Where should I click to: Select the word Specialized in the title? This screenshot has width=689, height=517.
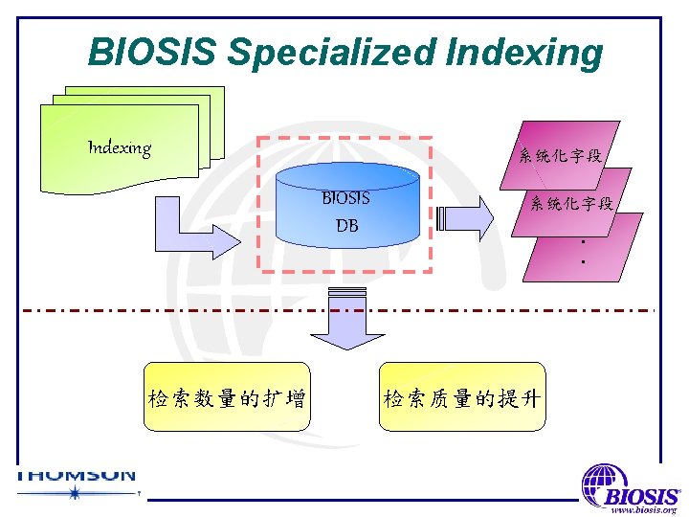click(330, 54)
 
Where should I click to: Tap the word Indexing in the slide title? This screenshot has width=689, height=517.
click(522, 54)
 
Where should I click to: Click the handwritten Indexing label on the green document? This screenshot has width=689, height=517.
click(120, 147)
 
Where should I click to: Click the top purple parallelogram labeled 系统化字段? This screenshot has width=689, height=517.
click(561, 153)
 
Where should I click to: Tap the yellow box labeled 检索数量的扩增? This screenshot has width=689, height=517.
click(227, 397)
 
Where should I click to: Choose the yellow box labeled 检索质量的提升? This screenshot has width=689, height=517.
click(463, 397)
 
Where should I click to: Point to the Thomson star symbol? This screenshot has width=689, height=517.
click(75, 493)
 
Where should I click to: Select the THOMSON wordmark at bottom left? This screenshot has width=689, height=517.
click(77, 475)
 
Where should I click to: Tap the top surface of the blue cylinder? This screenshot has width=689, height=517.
click(345, 177)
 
